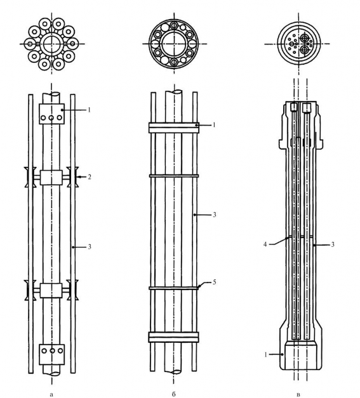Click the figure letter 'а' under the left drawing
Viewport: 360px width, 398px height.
pos(52,394)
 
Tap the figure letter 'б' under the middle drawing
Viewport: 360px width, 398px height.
pos(174,394)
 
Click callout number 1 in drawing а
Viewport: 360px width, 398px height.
pos(89,110)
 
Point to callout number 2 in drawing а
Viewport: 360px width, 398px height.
pos(90,176)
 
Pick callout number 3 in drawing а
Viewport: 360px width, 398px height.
pos(90,246)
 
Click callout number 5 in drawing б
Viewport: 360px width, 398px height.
pos(214,282)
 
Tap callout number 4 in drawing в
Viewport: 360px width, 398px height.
pos(265,244)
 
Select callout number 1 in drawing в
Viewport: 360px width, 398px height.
pos(266,355)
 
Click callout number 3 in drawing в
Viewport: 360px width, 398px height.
pos(332,244)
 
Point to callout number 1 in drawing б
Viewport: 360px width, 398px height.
pos(214,125)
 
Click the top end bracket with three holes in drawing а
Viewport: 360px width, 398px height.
pos(51,114)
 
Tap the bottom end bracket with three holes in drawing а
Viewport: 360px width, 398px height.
pos(52,354)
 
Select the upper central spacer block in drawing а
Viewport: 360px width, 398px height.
pos(51,177)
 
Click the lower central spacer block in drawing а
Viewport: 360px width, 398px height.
pos(51,290)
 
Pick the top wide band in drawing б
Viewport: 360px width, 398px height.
pos(174,128)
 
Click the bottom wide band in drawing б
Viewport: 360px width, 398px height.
pos(174,337)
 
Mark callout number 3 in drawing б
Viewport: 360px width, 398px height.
pos(214,215)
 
